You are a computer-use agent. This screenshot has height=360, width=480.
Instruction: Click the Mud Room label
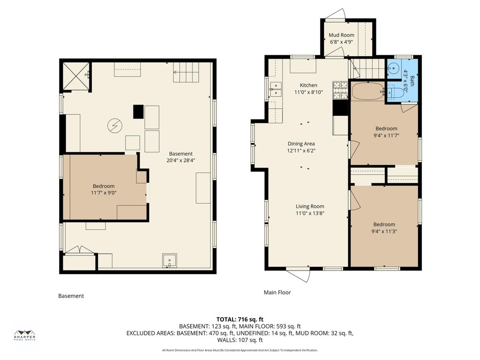[x=341, y=35]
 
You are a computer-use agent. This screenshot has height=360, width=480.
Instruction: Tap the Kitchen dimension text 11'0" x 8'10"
[x=308, y=92]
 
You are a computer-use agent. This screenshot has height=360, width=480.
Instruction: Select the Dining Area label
[x=301, y=143]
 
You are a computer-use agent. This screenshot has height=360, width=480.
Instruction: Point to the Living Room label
[x=310, y=206]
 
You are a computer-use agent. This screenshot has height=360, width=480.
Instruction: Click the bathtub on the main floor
[x=368, y=91]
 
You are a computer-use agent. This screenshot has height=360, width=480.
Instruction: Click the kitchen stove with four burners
[x=340, y=90]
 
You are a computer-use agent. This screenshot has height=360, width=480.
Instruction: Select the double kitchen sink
[x=276, y=89]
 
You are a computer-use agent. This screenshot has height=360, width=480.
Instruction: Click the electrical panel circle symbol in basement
[x=115, y=126]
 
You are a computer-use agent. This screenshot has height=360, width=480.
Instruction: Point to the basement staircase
[x=186, y=72]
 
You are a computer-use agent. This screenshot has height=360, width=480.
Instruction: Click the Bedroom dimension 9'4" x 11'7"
[x=386, y=135]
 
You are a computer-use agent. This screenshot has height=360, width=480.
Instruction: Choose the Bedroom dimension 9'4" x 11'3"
[x=384, y=232]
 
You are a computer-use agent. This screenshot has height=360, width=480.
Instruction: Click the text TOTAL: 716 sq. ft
[x=240, y=320]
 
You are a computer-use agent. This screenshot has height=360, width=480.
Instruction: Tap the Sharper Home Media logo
[x=25, y=335]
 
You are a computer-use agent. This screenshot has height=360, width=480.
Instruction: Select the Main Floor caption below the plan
[x=277, y=292]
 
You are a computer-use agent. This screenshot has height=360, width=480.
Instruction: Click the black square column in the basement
[x=138, y=112]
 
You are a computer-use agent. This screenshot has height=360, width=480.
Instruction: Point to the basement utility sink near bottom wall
[x=169, y=261]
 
